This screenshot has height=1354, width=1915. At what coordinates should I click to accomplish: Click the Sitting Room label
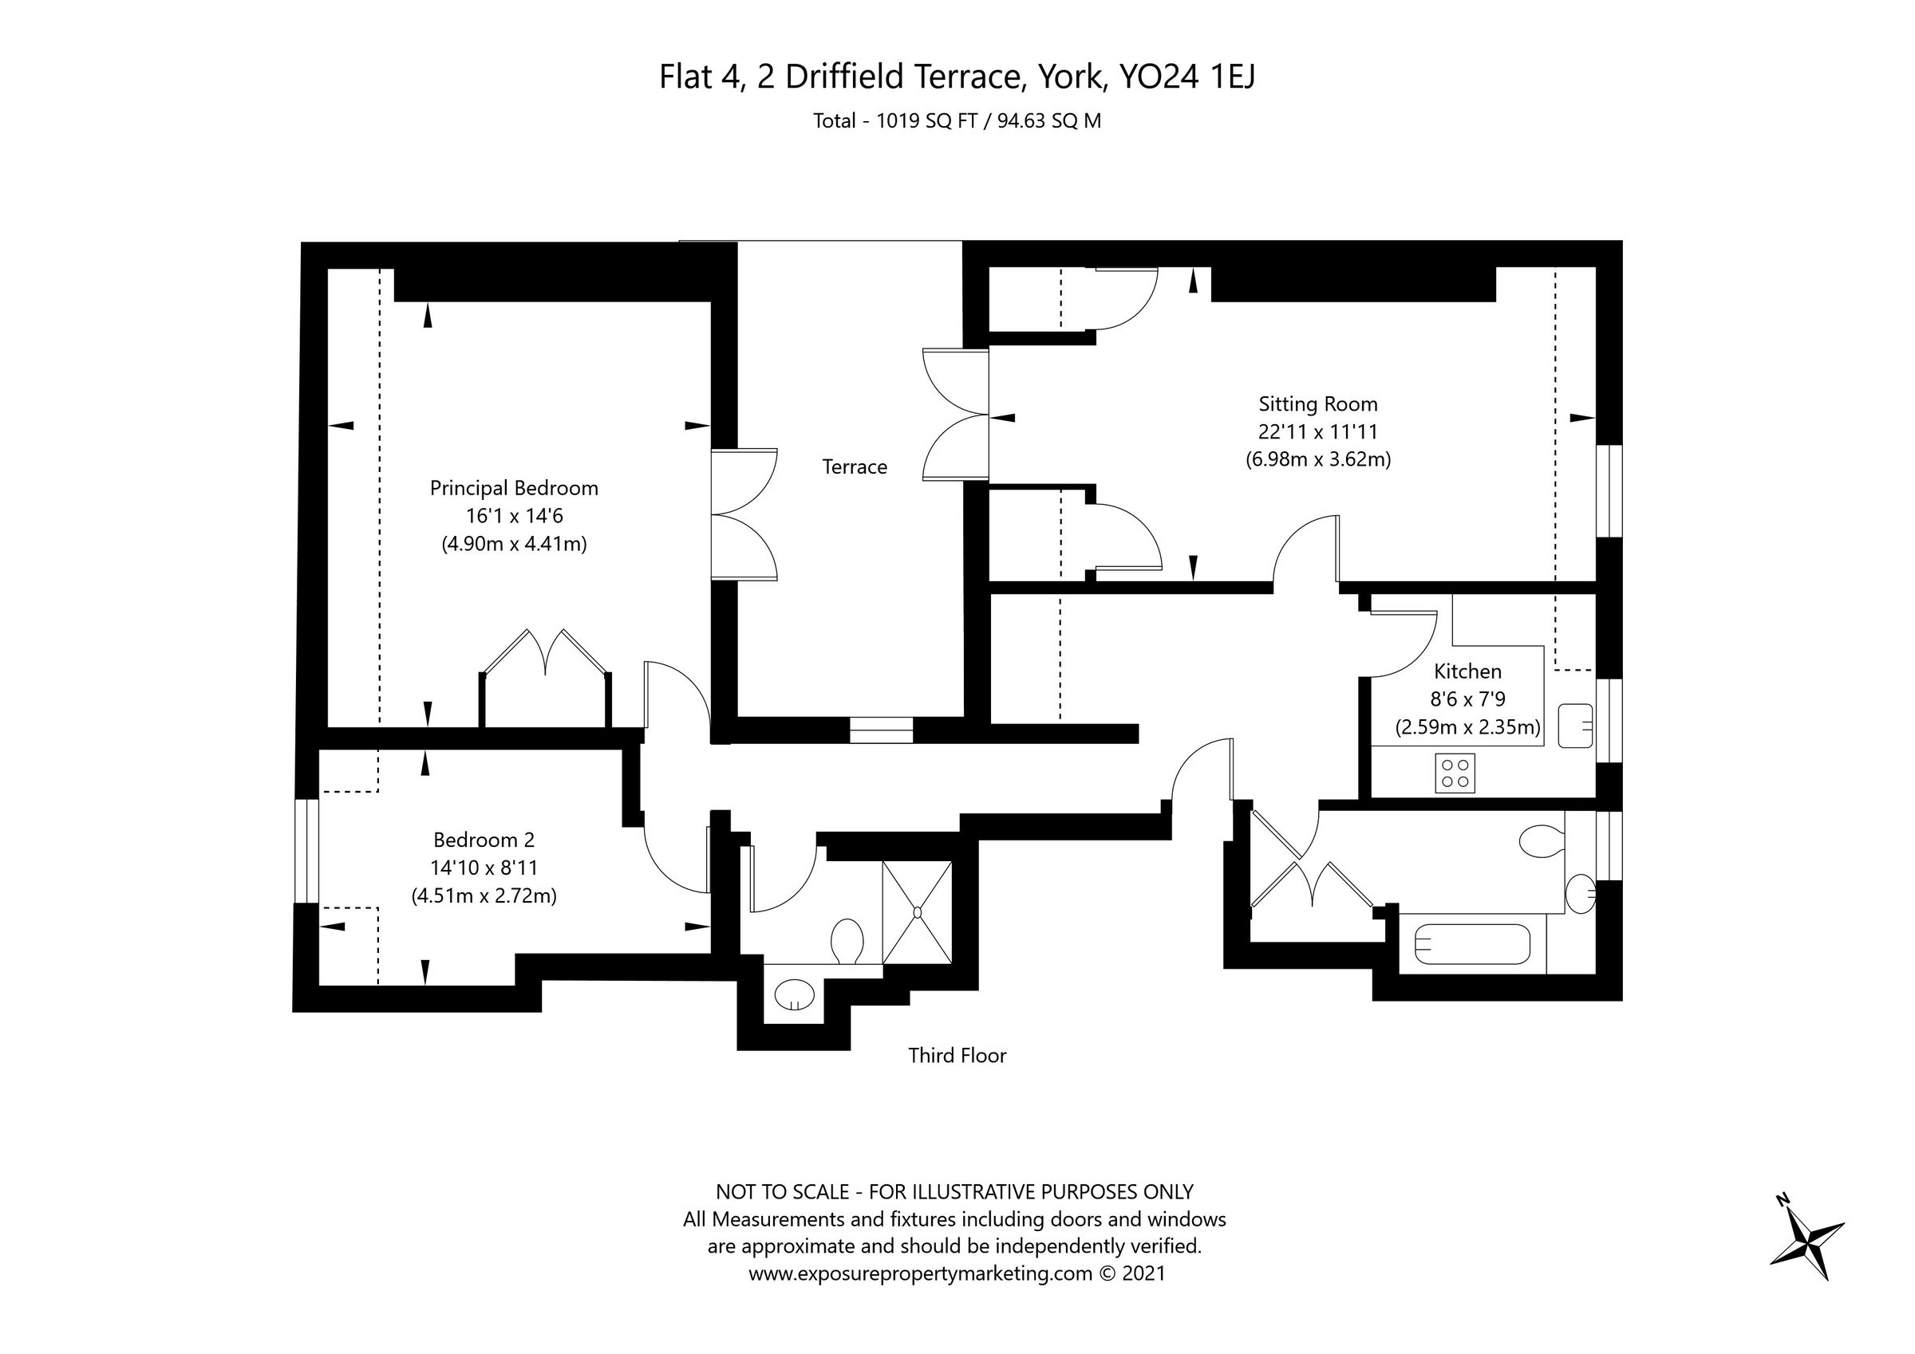(1318, 404)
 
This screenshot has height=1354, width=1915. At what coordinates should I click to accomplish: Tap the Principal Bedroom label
(514, 489)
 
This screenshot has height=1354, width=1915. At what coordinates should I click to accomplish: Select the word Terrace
(854, 467)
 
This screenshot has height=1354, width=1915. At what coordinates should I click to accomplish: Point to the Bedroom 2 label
(484, 840)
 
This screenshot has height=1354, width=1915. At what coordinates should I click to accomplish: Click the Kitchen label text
(1468, 671)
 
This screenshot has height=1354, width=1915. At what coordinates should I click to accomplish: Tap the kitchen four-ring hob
(1455, 773)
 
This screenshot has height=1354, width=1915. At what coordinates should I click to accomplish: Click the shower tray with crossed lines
(918, 913)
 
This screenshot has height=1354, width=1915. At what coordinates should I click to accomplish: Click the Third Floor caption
(957, 1057)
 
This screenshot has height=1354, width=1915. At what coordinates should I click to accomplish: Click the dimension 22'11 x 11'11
(1318, 432)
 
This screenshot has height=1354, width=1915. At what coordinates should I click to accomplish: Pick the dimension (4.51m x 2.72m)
(484, 896)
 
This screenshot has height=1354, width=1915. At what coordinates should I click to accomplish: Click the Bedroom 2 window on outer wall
(307, 850)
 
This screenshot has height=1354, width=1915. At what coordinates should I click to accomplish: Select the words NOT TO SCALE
(781, 1191)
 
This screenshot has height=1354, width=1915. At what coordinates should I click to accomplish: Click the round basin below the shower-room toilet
(794, 994)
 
